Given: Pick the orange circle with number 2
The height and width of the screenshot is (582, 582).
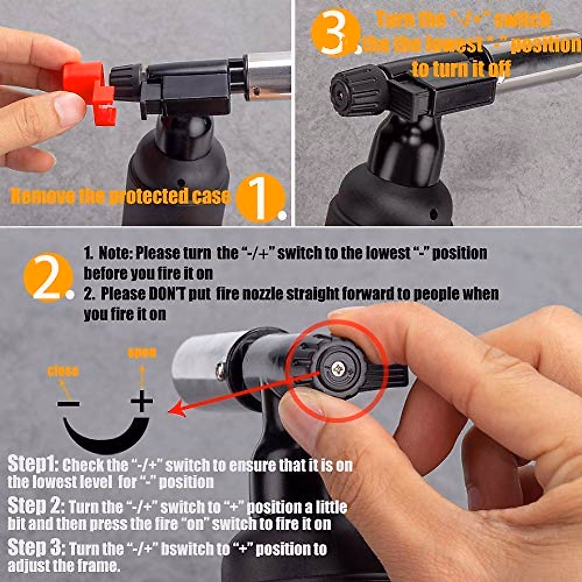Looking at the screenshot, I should click(48, 277).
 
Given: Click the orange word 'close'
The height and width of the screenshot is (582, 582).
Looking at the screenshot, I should click(63, 372).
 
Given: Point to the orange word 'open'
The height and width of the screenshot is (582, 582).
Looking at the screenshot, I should click(142, 353).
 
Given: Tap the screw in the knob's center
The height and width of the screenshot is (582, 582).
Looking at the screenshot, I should click(337, 370).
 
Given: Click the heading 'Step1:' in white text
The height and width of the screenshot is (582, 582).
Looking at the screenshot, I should click(32, 465).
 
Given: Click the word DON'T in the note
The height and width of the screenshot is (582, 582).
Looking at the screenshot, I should click(167, 294).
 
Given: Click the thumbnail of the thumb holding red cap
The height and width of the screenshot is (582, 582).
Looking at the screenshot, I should click(68, 108).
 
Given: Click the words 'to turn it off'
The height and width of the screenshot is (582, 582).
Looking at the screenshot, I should click(461, 69).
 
